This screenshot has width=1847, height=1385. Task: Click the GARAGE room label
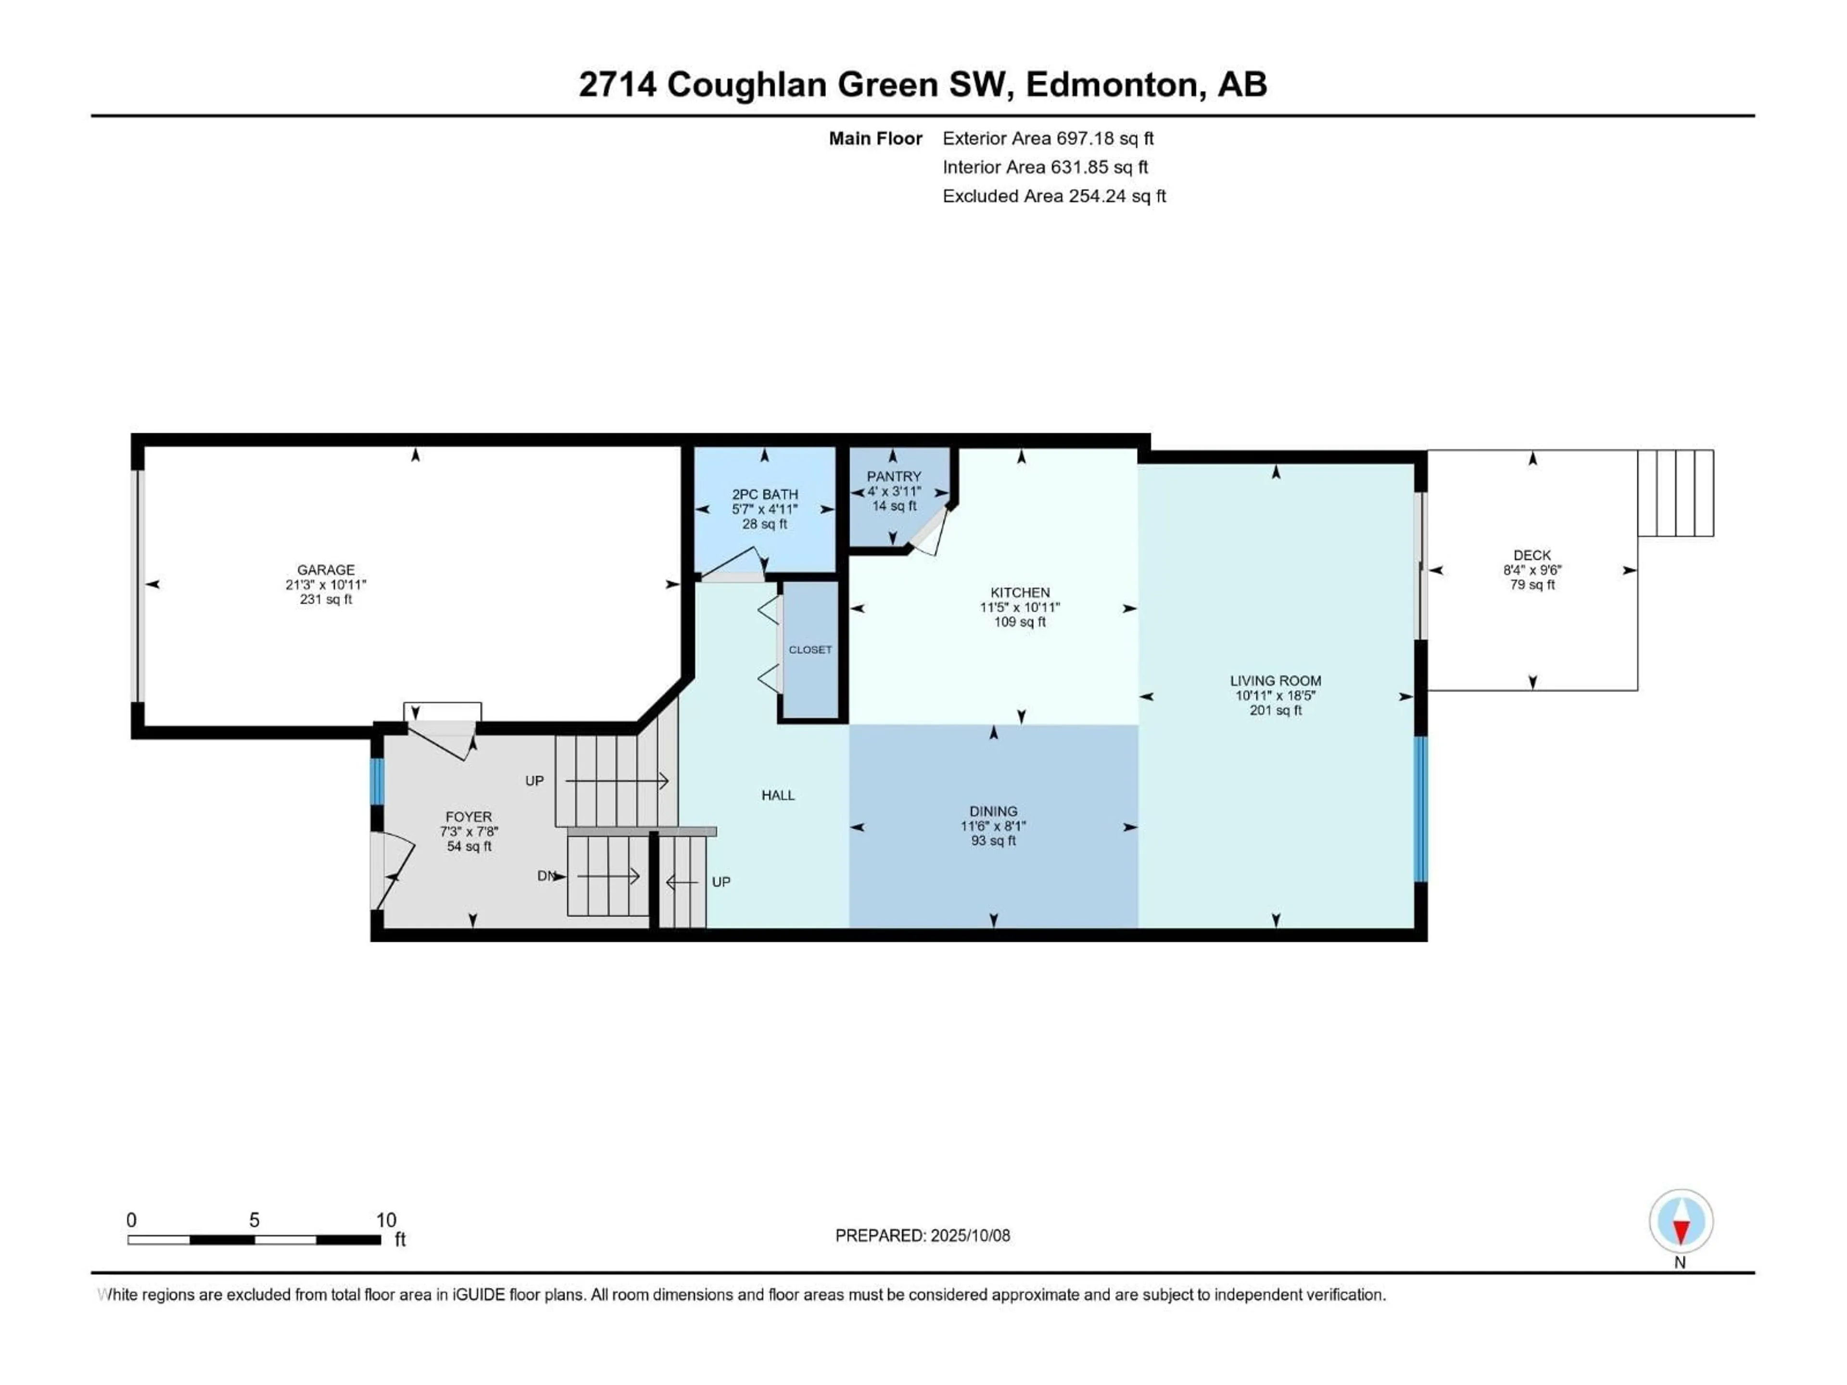click(x=326, y=569)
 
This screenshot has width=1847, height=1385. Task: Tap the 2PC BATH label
click(x=765, y=494)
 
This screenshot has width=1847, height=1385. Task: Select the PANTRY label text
click(x=894, y=476)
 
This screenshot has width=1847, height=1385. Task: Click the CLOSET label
click(x=810, y=650)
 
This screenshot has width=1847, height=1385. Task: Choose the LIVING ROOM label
click(x=1275, y=680)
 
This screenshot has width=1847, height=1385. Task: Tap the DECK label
click(x=1532, y=555)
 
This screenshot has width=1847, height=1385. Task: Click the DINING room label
click(x=993, y=811)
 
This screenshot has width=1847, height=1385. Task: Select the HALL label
click(x=777, y=795)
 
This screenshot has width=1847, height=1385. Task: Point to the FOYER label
click(x=468, y=817)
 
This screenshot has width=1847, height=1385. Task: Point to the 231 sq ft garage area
click(x=326, y=599)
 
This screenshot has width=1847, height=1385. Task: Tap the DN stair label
click(x=546, y=876)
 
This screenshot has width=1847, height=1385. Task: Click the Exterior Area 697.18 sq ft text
click(x=1048, y=138)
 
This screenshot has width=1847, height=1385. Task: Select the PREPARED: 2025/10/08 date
click(x=923, y=1235)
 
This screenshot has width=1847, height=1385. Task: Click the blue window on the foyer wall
click(x=378, y=781)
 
